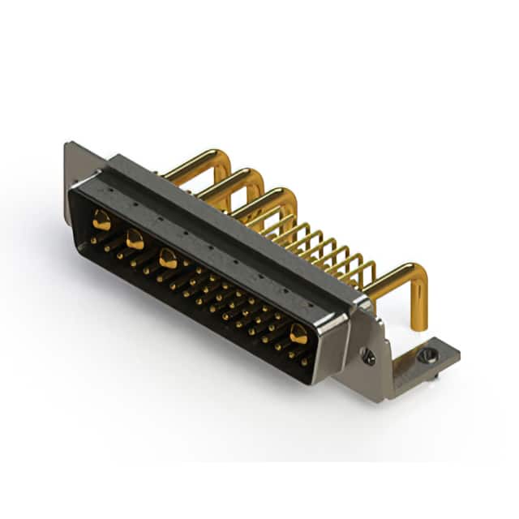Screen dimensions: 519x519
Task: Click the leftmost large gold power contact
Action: click(x=101, y=219)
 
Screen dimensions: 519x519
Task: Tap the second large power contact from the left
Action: click(x=135, y=239)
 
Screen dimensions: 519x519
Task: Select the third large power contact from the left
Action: click(x=168, y=259)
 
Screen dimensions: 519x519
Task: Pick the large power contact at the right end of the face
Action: click(x=298, y=333)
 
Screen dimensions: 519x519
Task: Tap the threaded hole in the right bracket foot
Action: click(x=427, y=354)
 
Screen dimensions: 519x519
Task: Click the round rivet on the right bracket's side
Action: click(x=370, y=355)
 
